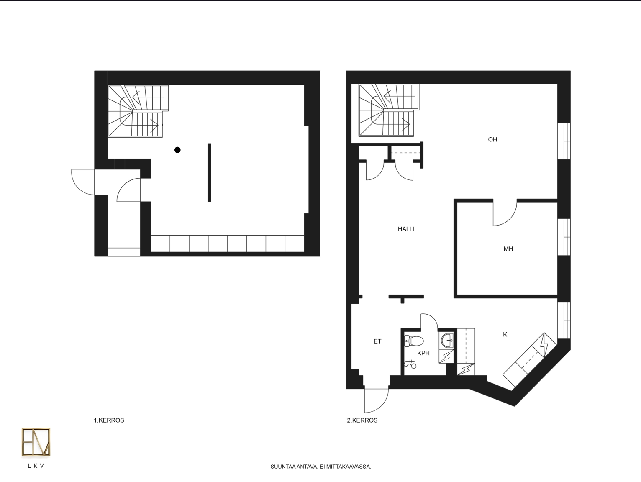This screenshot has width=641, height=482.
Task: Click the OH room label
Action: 492,140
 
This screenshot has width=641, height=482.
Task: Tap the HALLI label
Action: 406,229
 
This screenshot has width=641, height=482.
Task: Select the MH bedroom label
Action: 508,249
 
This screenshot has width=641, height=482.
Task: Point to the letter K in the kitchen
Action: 505,335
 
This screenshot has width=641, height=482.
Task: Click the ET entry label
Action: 377,341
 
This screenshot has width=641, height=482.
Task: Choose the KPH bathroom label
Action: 423,353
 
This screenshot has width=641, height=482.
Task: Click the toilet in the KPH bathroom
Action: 414,341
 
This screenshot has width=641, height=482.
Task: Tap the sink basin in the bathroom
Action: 447,341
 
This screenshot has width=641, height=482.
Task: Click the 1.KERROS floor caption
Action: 109,420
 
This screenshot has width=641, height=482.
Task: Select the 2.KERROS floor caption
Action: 362,420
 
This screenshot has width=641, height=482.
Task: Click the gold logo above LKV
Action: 36,442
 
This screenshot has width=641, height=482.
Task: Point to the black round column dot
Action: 177,150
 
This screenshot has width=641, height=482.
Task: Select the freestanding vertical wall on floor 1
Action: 209,172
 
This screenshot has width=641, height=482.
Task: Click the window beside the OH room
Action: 564,141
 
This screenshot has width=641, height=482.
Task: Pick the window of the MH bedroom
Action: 564,237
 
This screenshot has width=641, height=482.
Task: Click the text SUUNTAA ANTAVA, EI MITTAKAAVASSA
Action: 320,467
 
